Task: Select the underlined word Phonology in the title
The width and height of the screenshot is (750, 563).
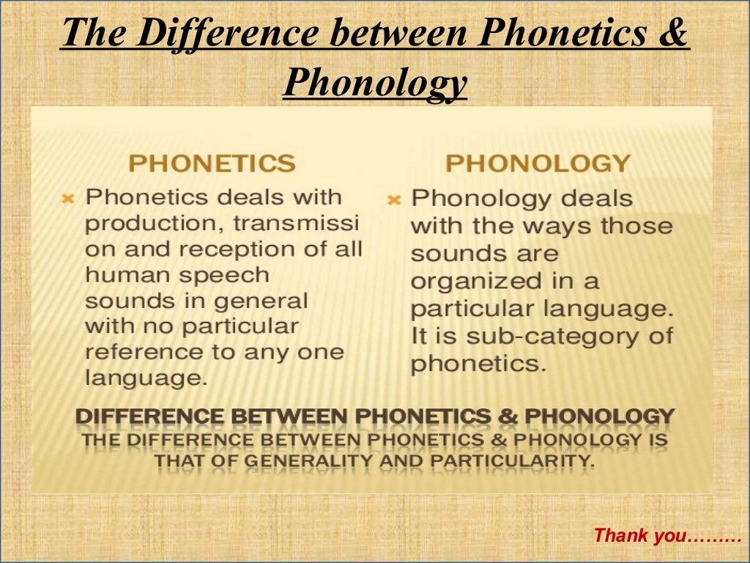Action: [375, 83]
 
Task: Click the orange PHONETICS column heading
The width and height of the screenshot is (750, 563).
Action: [212, 163]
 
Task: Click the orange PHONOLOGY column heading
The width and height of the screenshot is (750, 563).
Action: [538, 163]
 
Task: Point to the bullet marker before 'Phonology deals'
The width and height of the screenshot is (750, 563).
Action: [394, 199]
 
